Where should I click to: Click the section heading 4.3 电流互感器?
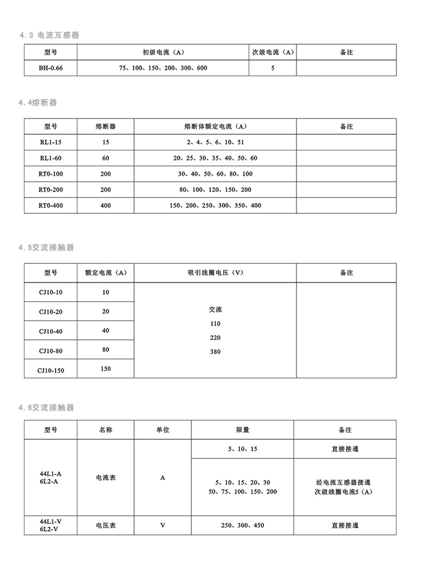49,35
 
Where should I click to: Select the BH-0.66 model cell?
51,68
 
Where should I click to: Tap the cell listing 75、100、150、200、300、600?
163,68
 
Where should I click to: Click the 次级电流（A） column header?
273,52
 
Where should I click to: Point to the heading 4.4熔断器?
38,103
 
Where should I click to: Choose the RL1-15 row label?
51,142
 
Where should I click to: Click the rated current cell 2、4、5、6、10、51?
215,142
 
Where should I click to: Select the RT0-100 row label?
51,174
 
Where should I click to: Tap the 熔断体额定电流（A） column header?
215,126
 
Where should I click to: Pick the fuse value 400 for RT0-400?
106,205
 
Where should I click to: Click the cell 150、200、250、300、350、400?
215,205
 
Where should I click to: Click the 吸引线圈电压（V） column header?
215,272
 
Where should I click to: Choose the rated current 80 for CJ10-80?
106,350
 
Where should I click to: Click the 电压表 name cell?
106,525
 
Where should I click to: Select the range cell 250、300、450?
243,525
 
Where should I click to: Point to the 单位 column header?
162,430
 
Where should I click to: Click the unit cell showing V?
162,525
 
